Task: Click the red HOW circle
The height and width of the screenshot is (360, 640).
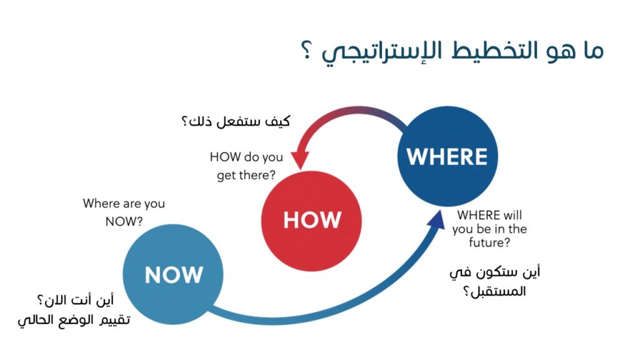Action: [x=311, y=221]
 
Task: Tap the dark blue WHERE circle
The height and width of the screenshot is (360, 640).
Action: [x=447, y=156]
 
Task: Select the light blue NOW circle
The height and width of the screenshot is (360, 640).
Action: [x=173, y=274]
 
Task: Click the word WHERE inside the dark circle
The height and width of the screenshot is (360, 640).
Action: [x=447, y=157]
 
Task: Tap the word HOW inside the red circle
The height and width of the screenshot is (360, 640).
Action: [x=312, y=220]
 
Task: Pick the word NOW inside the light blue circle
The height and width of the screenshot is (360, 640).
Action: [x=174, y=275]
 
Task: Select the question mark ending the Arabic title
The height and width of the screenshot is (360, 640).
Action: [x=307, y=50]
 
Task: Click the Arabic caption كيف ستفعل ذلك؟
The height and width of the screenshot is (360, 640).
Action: [x=236, y=121]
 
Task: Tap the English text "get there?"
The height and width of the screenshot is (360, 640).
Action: [x=246, y=176]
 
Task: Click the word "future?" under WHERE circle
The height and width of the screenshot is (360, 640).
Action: [x=489, y=243]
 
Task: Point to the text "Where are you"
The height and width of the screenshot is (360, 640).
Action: [x=124, y=203]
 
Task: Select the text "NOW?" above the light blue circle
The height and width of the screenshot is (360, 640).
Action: [x=124, y=221]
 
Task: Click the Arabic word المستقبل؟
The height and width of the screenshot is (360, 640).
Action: [x=494, y=291]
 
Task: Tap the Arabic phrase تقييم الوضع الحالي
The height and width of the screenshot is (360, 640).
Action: [x=74, y=319]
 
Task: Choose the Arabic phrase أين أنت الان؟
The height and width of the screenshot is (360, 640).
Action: [x=76, y=301]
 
